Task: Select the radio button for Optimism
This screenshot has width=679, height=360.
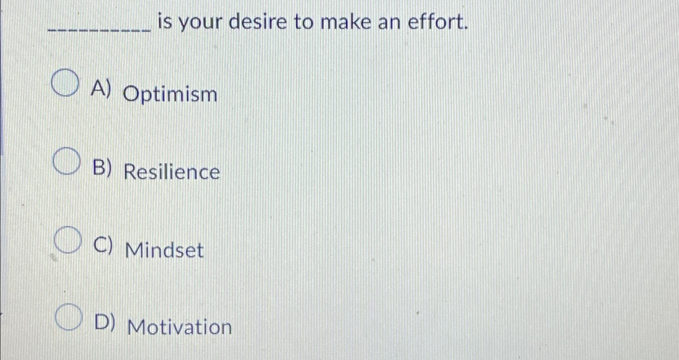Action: pyautogui.click(x=65, y=83)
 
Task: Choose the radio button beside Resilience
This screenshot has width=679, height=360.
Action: pyautogui.click(x=66, y=161)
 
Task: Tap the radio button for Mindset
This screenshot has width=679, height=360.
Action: pyautogui.click(x=68, y=240)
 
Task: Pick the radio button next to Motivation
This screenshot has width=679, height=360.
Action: pyautogui.click(x=69, y=317)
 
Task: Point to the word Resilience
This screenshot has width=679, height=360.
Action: pyautogui.click(x=172, y=173)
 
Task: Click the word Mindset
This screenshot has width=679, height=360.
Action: pyautogui.click(x=165, y=250)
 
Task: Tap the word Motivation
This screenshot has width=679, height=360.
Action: pyautogui.click(x=179, y=327)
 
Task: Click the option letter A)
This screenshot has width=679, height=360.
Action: pyautogui.click(x=100, y=89)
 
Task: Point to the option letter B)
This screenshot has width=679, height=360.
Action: pyautogui.click(x=102, y=168)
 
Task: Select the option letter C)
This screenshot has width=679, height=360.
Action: pyautogui.click(x=103, y=246)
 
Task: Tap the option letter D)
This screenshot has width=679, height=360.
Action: pyautogui.click(x=105, y=322)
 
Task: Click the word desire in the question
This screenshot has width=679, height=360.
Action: pyautogui.click(x=258, y=22)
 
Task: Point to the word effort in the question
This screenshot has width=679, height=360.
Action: pyautogui.click(x=438, y=22)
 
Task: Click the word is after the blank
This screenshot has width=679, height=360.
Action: pyautogui.click(x=165, y=22)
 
